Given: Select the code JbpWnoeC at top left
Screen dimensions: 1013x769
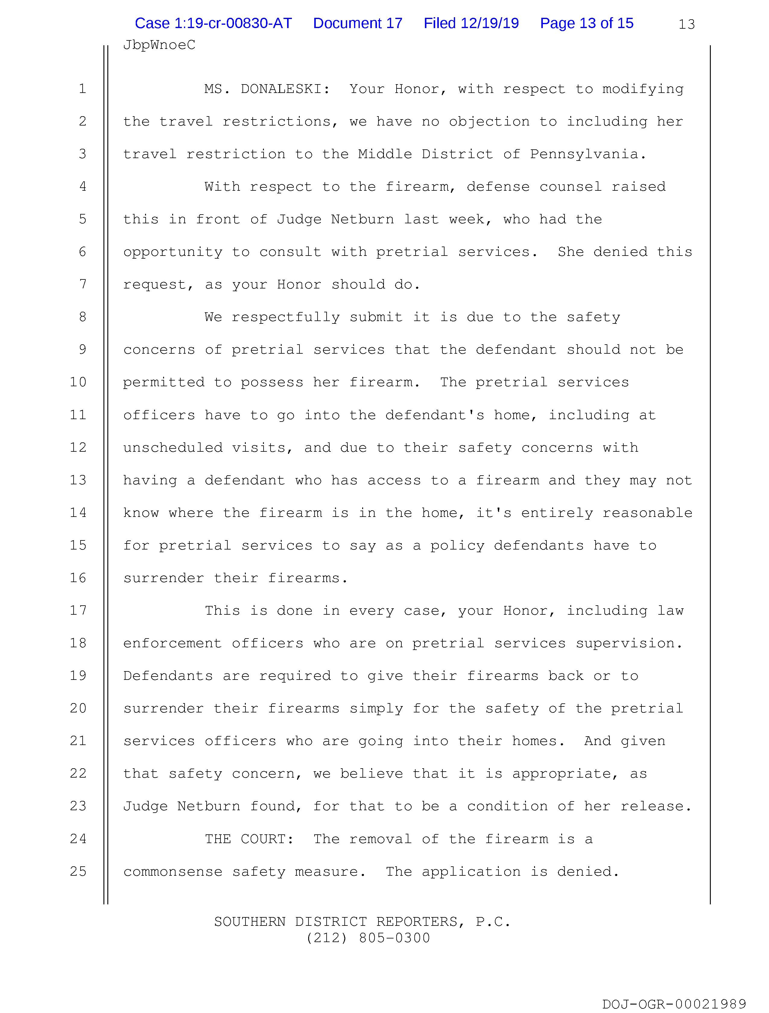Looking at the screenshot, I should pos(159,45).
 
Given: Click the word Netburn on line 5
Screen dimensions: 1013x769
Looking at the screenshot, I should pos(362,219).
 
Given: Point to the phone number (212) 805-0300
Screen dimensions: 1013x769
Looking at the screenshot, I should pos(368,938).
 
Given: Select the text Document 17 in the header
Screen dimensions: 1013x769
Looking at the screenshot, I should pos(357,23).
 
